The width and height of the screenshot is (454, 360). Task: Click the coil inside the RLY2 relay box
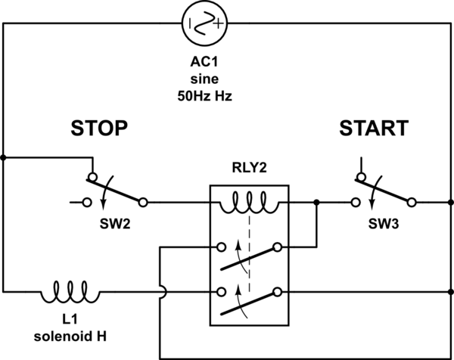(249, 200)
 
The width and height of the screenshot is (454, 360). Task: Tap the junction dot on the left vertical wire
(4, 157)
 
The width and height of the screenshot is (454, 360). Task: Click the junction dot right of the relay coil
(316, 203)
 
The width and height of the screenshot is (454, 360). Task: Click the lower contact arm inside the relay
(250, 301)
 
